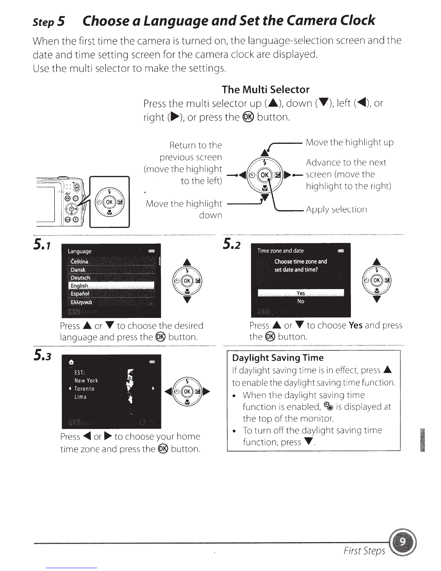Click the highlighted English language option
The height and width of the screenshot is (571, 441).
coord(79,286)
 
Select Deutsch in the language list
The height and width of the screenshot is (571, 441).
coord(80,278)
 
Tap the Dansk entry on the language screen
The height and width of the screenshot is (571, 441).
coord(78,270)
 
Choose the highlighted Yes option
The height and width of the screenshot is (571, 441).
coord(300,293)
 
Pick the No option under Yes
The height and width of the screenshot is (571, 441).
coord(300,301)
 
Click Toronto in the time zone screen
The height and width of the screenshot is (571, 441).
coord(84,389)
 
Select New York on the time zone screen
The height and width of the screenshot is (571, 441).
coord(86,381)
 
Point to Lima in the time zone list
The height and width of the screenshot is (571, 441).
coord(80,397)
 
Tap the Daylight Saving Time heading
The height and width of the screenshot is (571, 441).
coord(278,358)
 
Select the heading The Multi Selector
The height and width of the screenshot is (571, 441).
coord(266,89)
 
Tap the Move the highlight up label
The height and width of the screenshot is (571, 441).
coord(349,142)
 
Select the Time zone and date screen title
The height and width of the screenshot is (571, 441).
coord(280,251)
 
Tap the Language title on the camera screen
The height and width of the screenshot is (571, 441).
coord(80,251)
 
